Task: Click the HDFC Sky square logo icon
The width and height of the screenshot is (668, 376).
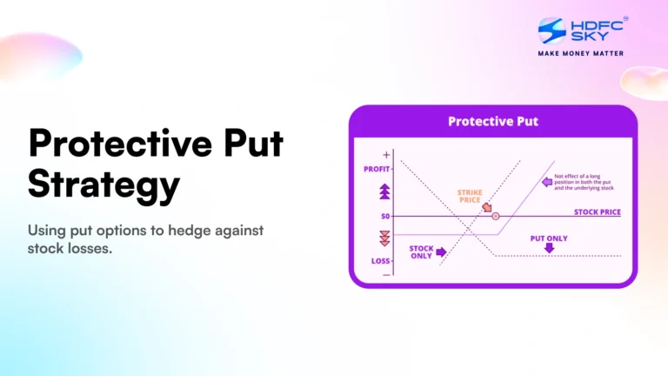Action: (x=552, y=31)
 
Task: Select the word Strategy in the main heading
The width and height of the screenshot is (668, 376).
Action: (x=104, y=185)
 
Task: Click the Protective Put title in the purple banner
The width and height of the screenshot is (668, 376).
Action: (x=492, y=121)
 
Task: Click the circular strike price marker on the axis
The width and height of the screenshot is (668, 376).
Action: (x=495, y=215)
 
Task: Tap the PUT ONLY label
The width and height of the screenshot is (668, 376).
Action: (x=549, y=238)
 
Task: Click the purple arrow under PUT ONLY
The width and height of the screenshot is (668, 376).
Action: (x=549, y=249)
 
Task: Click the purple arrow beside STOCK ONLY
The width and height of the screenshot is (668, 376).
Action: (x=441, y=252)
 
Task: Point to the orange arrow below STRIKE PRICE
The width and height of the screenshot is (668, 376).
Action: (x=486, y=208)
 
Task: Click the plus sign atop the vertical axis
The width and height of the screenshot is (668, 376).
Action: (x=386, y=154)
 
